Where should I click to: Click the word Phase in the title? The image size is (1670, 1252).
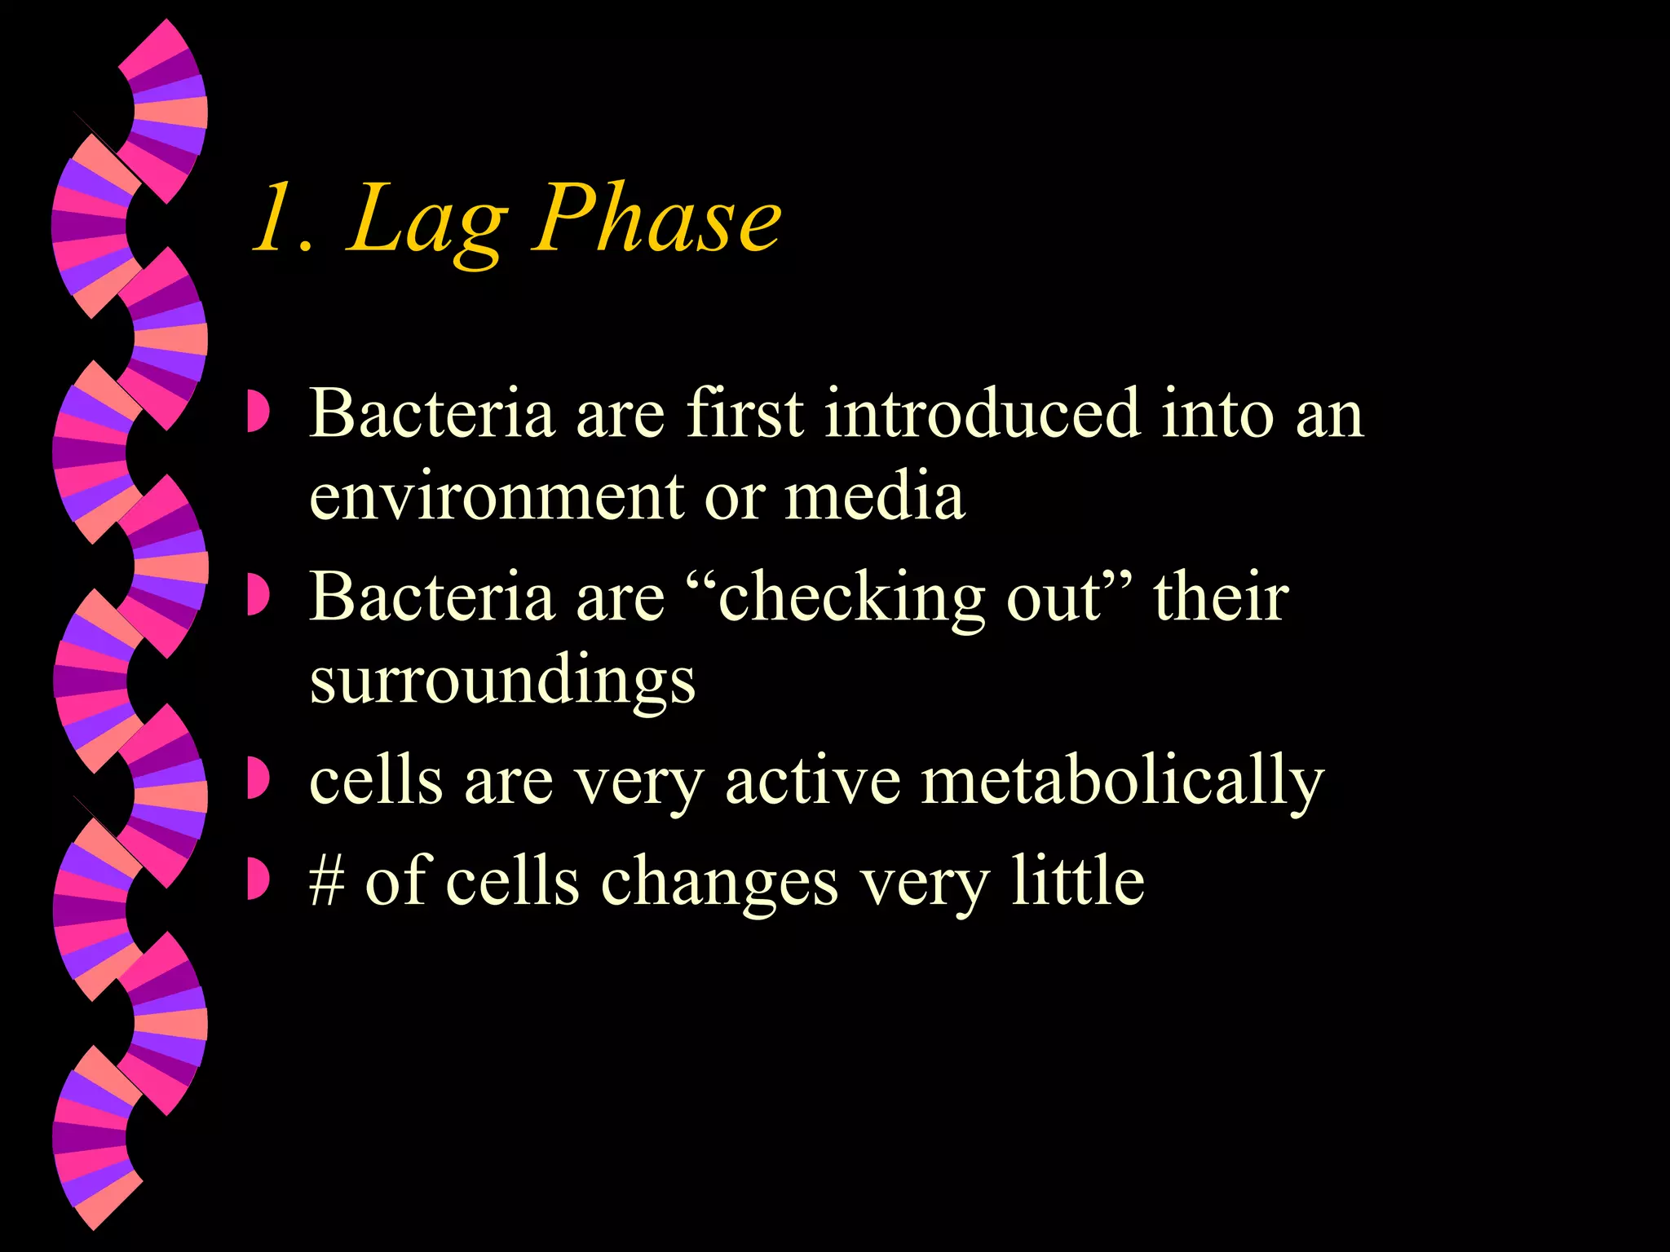[656, 218]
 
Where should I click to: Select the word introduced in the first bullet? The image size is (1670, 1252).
[982, 414]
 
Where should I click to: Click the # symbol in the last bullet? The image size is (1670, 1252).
[327, 882]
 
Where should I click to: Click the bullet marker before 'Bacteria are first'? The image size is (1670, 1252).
[258, 413]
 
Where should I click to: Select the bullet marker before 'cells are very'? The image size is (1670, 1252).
[258, 780]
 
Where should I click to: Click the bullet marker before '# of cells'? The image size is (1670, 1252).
[258, 880]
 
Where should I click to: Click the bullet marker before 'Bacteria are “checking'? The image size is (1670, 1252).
[258, 597]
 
